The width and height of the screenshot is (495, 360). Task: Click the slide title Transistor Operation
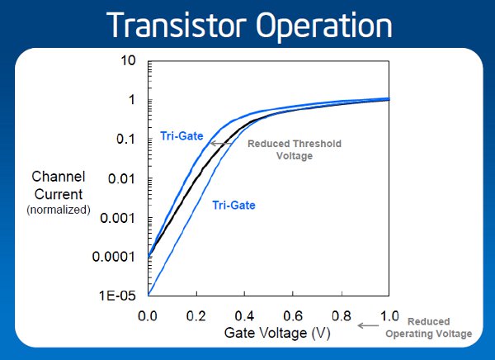[249, 26]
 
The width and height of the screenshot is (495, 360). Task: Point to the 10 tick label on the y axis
[128, 60]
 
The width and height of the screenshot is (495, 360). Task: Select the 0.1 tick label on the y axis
[125, 139]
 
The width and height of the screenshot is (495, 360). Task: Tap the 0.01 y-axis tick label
[121, 179]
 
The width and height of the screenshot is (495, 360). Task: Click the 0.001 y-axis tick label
[117, 218]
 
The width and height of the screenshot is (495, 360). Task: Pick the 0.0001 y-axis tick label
[113, 257]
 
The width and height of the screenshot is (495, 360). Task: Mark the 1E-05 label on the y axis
[117, 296]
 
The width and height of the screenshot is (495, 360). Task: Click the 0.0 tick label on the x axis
[148, 315]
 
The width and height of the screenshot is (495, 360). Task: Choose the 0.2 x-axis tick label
[196, 315]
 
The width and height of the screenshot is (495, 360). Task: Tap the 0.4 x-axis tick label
[244, 315]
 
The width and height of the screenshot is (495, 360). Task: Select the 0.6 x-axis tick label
[293, 315]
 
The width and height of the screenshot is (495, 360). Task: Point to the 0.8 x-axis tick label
[342, 315]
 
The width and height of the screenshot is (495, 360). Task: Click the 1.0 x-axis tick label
[389, 315]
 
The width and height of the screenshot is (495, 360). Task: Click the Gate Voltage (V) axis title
[277, 333]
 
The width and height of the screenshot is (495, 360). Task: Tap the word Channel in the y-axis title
[59, 177]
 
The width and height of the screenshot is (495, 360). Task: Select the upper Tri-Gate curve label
[181, 136]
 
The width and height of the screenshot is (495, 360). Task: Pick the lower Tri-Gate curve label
[233, 205]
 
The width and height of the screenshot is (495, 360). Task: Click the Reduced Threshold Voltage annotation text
[295, 149]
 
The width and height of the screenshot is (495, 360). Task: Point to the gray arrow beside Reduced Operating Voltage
[368, 325]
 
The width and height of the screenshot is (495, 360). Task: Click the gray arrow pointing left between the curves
[221, 144]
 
